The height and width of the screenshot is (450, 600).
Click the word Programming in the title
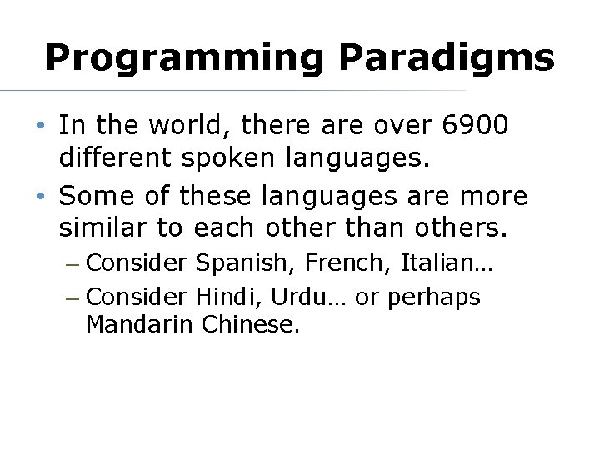[184, 58]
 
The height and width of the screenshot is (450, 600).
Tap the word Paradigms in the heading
[446, 58]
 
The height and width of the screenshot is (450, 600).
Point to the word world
[184, 126]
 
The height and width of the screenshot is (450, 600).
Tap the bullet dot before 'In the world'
[41, 127]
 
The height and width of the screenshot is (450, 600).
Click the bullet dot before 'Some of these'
[41, 197]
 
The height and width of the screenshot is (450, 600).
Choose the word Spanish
[246, 263]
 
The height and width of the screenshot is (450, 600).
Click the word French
[348, 263]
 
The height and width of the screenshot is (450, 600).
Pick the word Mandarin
[139, 324]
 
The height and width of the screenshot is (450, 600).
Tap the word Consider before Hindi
[137, 296]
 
